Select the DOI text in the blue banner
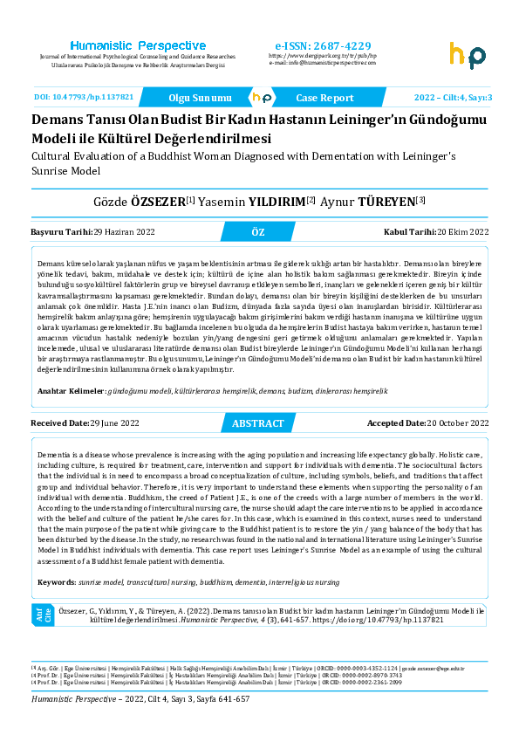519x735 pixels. point(84,98)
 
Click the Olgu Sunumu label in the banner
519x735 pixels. point(200,99)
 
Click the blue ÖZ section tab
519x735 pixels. point(257,232)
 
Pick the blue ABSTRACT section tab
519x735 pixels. point(257,423)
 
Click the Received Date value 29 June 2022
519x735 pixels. point(114,423)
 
